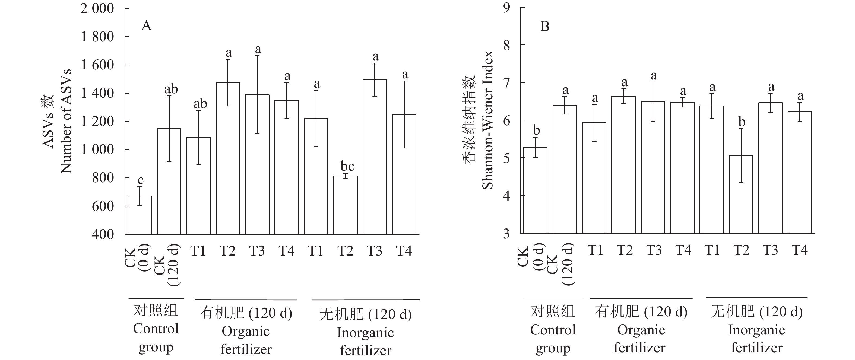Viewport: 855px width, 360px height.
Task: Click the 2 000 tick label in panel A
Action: [x=97, y=9]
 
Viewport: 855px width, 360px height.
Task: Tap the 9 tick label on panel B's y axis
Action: [x=506, y=7]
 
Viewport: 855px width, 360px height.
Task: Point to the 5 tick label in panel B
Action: [x=506, y=158]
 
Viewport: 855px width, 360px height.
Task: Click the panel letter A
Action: [x=146, y=26]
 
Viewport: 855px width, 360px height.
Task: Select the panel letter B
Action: [x=545, y=26]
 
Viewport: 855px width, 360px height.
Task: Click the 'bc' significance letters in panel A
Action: [x=347, y=166]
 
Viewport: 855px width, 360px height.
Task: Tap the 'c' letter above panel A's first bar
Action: [x=140, y=180]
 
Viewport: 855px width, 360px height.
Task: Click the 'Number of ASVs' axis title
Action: [x=66, y=121]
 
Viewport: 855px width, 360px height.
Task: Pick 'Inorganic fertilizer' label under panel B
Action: [x=756, y=339]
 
